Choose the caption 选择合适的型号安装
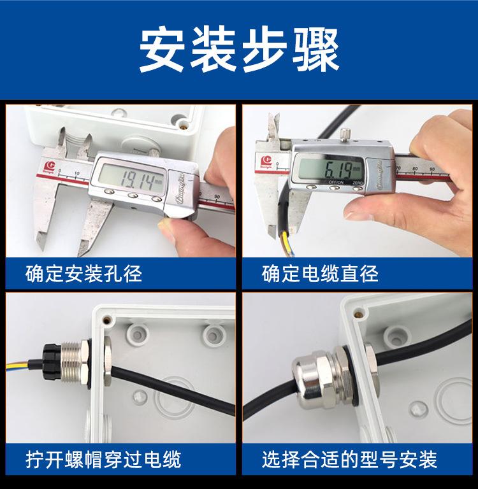pos(349,458)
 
